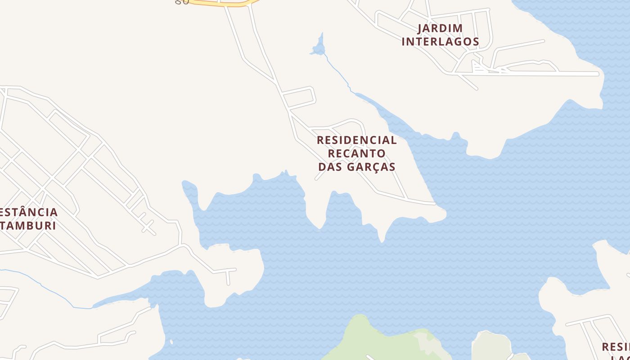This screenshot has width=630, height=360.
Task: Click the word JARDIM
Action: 440,28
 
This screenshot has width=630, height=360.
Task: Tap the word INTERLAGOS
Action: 440,42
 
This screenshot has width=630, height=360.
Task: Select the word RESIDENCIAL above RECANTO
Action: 357,140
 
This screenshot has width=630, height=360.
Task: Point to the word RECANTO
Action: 356,153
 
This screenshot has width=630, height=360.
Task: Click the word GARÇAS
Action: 371,167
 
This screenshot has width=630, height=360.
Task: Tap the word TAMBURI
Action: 28,225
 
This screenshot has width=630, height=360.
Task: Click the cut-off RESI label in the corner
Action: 616,347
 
